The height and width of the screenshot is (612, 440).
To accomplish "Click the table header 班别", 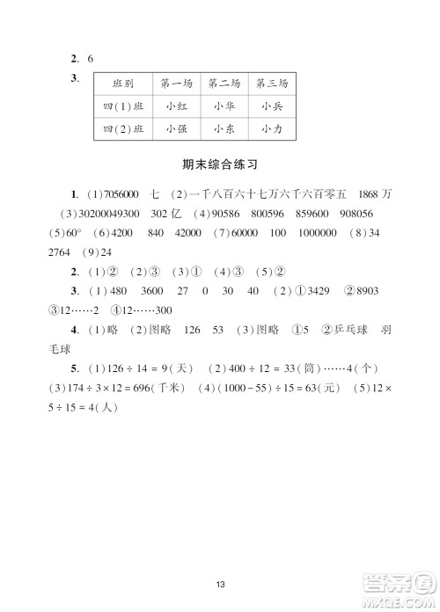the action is (x=122, y=84).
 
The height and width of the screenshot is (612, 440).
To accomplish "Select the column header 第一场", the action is (x=177, y=84).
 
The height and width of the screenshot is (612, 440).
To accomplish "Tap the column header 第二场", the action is (x=224, y=84).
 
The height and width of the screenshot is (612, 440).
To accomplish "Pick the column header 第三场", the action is (x=272, y=84).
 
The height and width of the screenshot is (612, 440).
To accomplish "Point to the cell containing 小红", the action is (x=177, y=106).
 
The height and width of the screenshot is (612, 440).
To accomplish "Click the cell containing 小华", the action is (x=224, y=106).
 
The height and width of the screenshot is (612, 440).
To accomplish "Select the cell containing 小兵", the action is (x=272, y=106).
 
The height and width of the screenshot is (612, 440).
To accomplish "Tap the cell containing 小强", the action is (x=177, y=128).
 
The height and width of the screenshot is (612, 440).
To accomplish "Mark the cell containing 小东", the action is (x=224, y=128).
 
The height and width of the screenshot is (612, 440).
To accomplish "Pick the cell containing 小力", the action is (x=272, y=128).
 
